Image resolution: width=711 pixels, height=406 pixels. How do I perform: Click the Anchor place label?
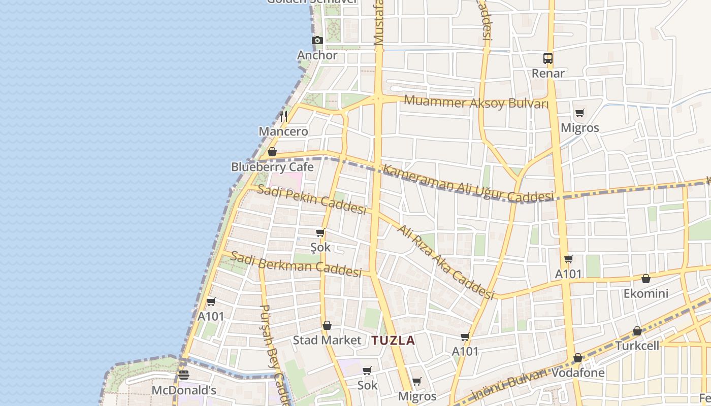317,55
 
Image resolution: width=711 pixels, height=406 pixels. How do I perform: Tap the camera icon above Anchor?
317,41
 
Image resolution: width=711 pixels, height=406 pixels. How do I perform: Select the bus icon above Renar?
547,58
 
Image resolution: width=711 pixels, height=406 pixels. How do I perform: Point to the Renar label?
548,73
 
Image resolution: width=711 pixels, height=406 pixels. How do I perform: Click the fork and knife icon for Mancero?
283,116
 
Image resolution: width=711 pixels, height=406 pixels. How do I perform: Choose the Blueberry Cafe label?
272,167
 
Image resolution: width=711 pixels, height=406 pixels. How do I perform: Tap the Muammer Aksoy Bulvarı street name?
476,103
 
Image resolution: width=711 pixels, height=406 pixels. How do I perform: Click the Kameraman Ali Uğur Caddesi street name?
468,184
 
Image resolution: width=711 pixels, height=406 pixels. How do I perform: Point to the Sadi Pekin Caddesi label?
311,199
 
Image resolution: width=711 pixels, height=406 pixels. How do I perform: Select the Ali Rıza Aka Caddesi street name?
445,262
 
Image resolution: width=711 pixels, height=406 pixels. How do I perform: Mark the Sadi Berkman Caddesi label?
296,264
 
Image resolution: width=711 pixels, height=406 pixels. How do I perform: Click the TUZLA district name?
393,341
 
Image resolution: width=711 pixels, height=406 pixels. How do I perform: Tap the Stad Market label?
327,340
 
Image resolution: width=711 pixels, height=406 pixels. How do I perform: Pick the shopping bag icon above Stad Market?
327,325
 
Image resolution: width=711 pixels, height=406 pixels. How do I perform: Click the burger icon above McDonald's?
184,375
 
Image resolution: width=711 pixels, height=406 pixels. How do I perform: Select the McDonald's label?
184,390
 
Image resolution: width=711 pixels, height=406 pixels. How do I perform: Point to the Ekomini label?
646,293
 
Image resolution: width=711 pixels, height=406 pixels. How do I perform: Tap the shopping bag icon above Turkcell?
637,331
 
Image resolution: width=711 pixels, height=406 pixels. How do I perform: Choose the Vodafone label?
578,373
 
